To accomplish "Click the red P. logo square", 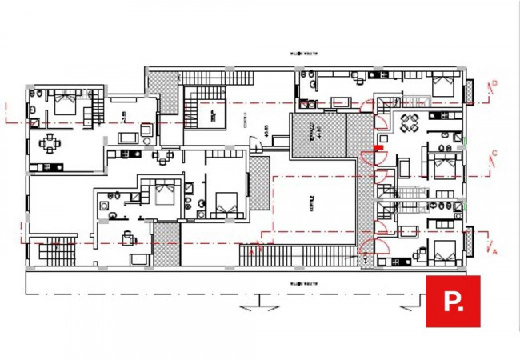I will pos(452,302).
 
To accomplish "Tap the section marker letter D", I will pos(495,82).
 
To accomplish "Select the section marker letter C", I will pos(495,153).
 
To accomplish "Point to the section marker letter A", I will pos(495,251).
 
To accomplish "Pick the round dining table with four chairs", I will pos(409,124).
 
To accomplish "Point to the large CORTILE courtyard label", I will pos(314,204).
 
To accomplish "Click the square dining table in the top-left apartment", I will pos(50,145).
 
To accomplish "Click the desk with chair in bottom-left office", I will pos(127,238).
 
